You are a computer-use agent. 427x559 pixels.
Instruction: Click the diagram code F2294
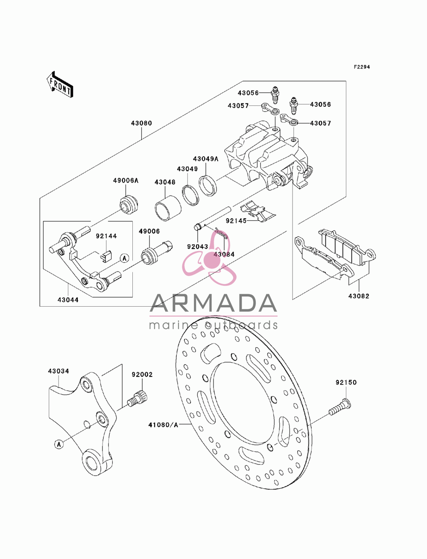362,67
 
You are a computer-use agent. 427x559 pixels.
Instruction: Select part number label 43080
142,123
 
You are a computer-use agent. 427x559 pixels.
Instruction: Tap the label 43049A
206,159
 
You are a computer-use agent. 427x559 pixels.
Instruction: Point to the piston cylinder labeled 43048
168,208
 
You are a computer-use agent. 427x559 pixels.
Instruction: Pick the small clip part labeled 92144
107,255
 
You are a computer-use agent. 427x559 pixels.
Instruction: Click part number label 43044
68,300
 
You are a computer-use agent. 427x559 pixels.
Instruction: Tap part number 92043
198,246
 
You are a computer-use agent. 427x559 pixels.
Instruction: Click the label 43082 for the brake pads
359,296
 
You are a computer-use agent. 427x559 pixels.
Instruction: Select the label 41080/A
163,424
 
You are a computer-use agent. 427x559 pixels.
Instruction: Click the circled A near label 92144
125,258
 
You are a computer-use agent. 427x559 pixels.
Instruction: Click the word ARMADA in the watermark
213,303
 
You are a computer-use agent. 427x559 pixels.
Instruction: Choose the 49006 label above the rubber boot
149,231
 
